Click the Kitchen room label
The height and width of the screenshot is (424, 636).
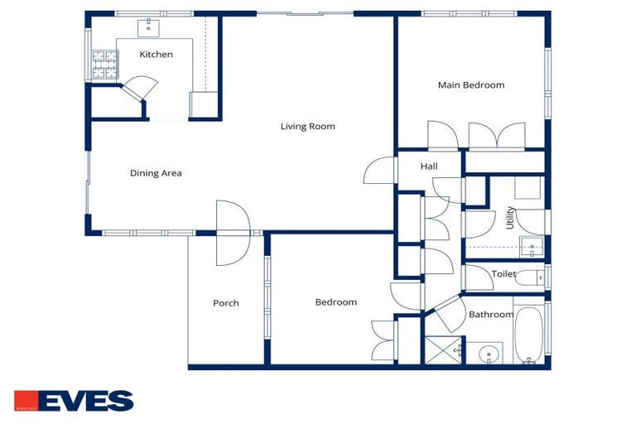click(x=156, y=55)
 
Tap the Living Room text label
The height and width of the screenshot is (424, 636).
click(x=307, y=127)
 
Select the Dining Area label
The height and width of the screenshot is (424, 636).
click(x=156, y=173)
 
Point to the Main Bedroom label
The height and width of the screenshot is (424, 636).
click(x=470, y=84)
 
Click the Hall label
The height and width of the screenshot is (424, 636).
click(x=428, y=166)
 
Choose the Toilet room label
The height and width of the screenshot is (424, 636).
click(x=503, y=273)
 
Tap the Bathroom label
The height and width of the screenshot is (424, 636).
click(x=490, y=315)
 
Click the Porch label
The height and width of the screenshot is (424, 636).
click(x=225, y=303)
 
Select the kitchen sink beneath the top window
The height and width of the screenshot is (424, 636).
click(x=150, y=27)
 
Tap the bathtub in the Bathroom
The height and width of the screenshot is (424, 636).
click(x=529, y=335)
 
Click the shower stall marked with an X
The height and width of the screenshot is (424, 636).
click(x=443, y=349)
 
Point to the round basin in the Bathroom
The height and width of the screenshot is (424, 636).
click(x=489, y=354)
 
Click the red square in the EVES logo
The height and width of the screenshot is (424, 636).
click(x=25, y=401)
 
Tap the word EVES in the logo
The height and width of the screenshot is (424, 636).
click(x=85, y=401)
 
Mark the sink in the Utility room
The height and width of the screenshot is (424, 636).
click(x=532, y=246)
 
